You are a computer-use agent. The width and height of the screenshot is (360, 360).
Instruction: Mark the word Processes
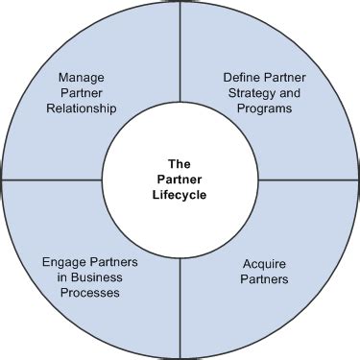[86, 293]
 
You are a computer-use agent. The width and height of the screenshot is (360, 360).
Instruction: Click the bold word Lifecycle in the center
[180, 196]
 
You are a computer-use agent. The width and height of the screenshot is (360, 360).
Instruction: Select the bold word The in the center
[180, 163]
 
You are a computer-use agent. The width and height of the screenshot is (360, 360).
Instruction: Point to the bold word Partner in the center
[180, 180]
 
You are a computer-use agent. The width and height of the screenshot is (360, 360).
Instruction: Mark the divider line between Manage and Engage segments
[53, 180]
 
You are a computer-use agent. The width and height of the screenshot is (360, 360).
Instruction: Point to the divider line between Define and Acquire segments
[307, 180]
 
